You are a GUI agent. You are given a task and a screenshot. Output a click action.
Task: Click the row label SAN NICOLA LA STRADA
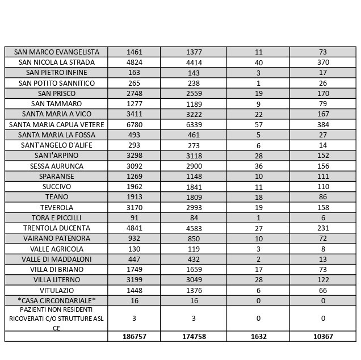pyautogui.click(x=56, y=62)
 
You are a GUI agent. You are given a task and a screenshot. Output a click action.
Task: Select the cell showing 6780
pyautogui.click(x=134, y=124)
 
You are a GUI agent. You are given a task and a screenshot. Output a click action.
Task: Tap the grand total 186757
pyautogui.click(x=134, y=336)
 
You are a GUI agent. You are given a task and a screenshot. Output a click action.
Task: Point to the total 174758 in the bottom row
pyautogui.click(x=194, y=336)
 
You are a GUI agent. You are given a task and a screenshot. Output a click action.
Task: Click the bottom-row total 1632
pyautogui.click(x=258, y=336)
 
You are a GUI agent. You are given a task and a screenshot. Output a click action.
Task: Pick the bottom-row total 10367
pyautogui.click(x=322, y=336)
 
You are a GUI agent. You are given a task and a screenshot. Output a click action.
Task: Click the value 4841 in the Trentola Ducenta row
pyautogui.click(x=134, y=228)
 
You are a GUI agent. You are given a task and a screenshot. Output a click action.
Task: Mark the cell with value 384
pyautogui.click(x=322, y=124)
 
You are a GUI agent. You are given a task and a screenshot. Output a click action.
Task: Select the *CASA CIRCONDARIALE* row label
pyautogui.click(x=56, y=300)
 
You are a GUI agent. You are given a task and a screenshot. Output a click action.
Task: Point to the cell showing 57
pyautogui.click(x=258, y=124)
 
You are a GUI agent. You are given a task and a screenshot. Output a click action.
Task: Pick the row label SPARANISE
pyautogui.click(x=56, y=176)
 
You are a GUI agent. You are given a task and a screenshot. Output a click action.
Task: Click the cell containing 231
pyautogui.click(x=322, y=228)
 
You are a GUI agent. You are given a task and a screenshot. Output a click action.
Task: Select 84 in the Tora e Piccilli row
pyautogui.click(x=194, y=217)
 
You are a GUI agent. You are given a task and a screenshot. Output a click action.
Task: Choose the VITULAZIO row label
pyautogui.click(x=56, y=290)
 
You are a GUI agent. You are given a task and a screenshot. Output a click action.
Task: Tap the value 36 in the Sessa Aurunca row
pyautogui.click(x=258, y=166)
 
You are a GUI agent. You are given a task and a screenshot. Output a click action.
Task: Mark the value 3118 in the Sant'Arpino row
pyautogui.click(x=194, y=156)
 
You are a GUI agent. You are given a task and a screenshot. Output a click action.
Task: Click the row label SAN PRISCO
pyautogui.click(x=56, y=93)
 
